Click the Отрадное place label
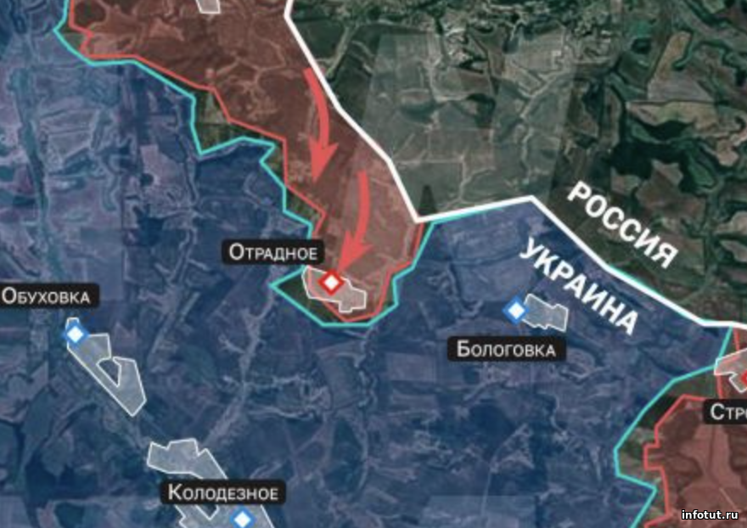coord(272,252)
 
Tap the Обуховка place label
coord(48,296)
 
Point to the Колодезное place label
coord(222,492)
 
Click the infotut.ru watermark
coord(710,514)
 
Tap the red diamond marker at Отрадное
coord(330,282)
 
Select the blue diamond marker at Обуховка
coord(76,334)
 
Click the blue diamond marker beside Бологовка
coord(514,311)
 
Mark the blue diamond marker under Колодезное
coord(243,518)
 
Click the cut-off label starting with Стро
coord(728,412)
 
